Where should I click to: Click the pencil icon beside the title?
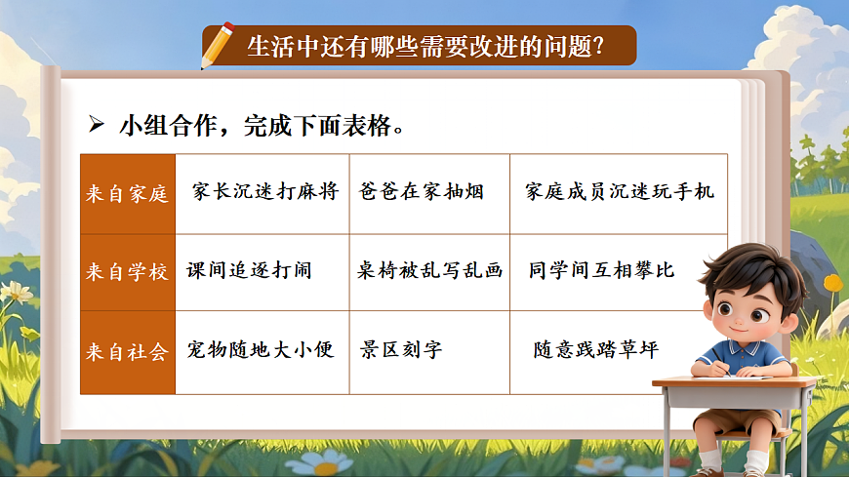(x=217, y=45)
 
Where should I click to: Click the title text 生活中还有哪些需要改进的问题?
(x=424, y=47)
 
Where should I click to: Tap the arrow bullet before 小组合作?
(x=97, y=125)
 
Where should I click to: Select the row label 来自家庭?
(x=128, y=193)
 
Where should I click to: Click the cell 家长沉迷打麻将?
(x=264, y=191)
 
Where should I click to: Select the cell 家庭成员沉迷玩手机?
(x=619, y=191)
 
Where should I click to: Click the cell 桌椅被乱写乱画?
(x=429, y=270)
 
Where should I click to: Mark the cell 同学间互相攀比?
(x=601, y=269)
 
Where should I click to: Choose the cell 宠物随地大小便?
(x=261, y=349)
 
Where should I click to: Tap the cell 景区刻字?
(x=401, y=349)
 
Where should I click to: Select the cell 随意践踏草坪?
(x=594, y=349)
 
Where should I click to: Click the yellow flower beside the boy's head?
(x=832, y=283)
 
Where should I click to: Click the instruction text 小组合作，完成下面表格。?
(x=262, y=126)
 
